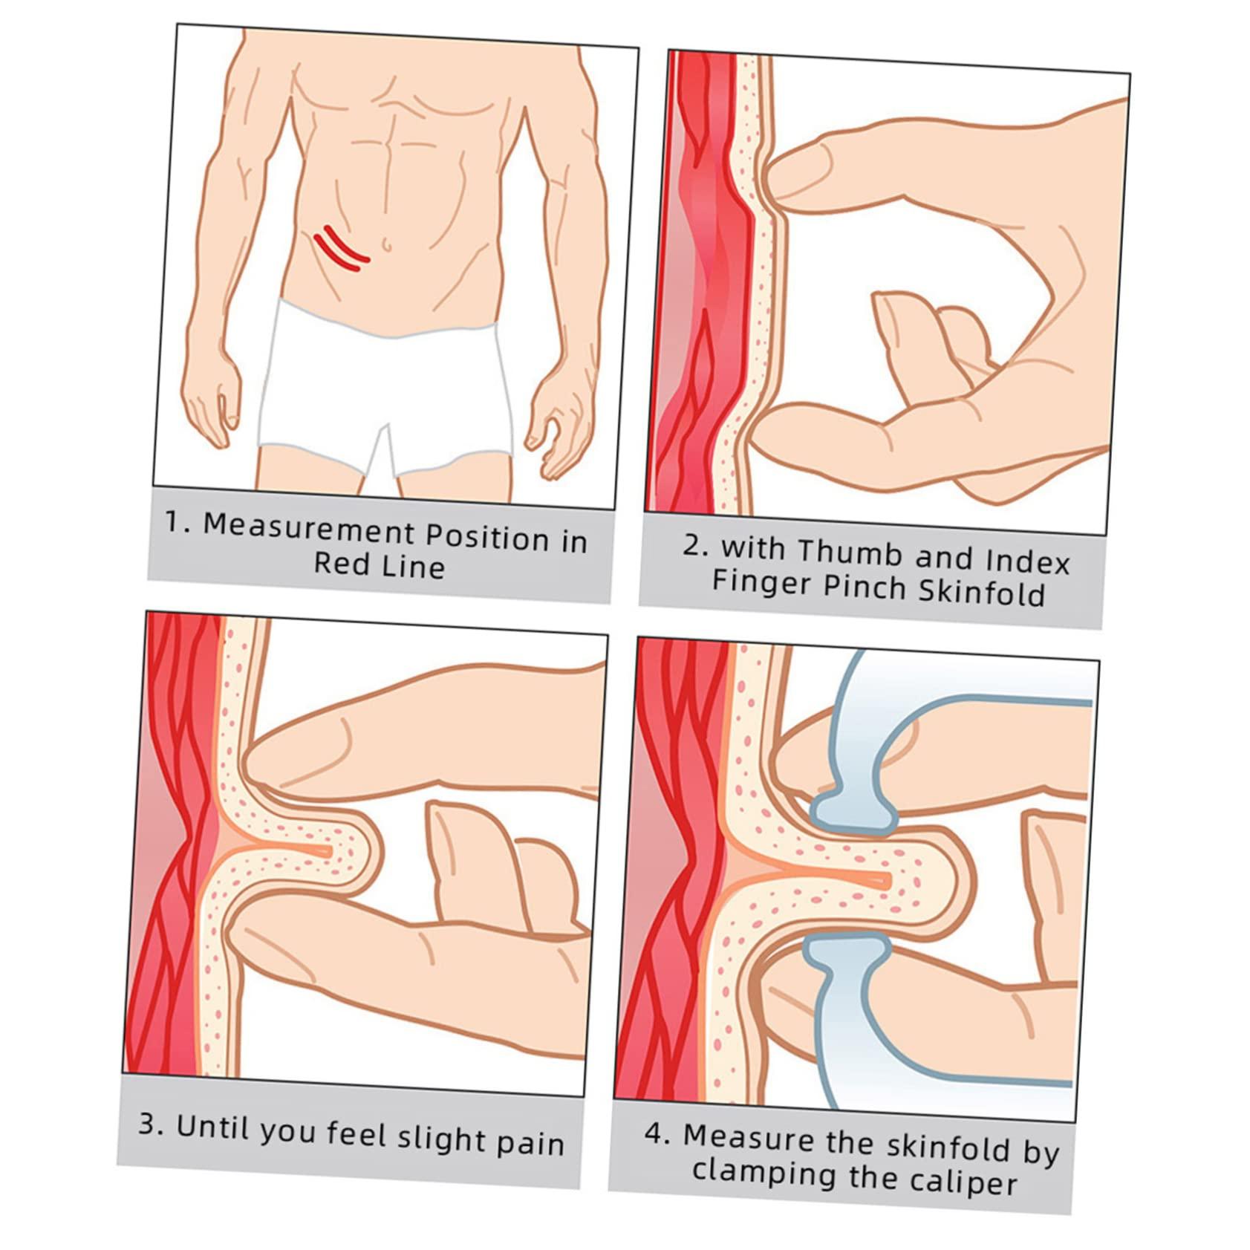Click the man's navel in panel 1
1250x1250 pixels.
click(x=386, y=244)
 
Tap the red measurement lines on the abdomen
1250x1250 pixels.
click(x=341, y=248)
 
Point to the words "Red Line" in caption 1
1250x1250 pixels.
click(x=380, y=565)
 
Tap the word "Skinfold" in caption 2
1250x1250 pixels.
click(x=982, y=593)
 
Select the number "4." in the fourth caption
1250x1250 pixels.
click(x=657, y=1134)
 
